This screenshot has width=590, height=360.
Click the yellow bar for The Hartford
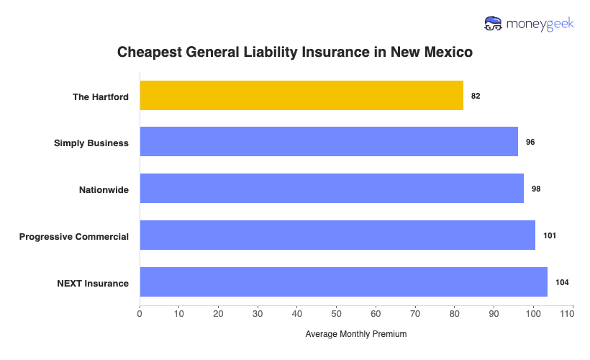click(x=301, y=96)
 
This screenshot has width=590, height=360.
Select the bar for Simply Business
click(x=329, y=142)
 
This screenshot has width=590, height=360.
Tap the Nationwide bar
click(x=332, y=189)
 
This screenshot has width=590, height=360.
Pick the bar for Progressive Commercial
click(x=337, y=235)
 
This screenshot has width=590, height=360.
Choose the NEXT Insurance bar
click(x=343, y=282)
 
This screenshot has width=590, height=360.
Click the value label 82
click(x=476, y=96)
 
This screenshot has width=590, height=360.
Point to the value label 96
click(x=530, y=143)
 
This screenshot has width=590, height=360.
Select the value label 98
click(x=536, y=189)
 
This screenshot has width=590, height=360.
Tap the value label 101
click(x=550, y=235)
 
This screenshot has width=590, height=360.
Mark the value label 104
click(x=562, y=282)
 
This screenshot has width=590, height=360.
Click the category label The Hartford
click(x=101, y=96)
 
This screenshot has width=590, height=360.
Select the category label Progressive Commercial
click(x=74, y=236)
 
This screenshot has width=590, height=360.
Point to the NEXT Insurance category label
click(x=93, y=283)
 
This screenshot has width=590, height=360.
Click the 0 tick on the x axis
click(x=140, y=314)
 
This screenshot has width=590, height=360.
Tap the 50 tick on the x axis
click(x=336, y=314)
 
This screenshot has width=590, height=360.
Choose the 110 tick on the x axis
click(x=572, y=314)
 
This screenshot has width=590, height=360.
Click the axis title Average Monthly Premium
click(x=356, y=334)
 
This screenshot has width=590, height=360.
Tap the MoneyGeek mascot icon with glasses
click(x=494, y=24)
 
